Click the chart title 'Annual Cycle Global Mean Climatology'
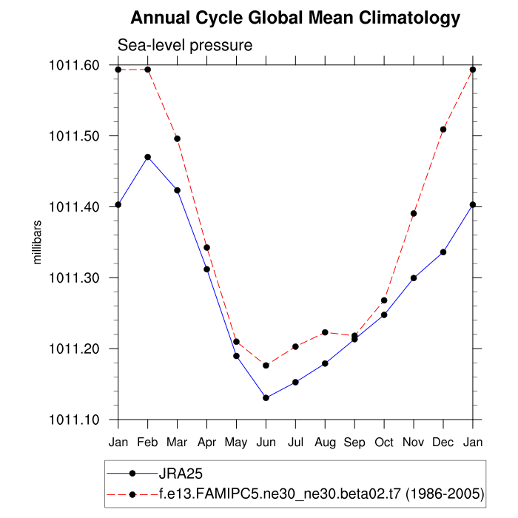coord(295,18)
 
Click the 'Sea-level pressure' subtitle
coord(186,45)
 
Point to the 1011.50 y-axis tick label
coord(74,136)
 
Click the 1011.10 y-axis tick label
coord(74,420)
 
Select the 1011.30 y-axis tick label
coord(74,277)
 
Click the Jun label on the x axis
coord(266,442)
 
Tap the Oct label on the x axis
coord(384,442)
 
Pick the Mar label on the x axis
coord(177,442)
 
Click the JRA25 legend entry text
coord(181,473)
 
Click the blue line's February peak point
coord(148,157)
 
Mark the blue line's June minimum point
coord(266,398)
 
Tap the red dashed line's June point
coord(266,366)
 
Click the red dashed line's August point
coord(325,332)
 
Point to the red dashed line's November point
coord(414,214)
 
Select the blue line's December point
coord(443,252)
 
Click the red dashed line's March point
coord(177,138)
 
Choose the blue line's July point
coord(295,382)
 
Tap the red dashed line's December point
coord(443,129)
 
